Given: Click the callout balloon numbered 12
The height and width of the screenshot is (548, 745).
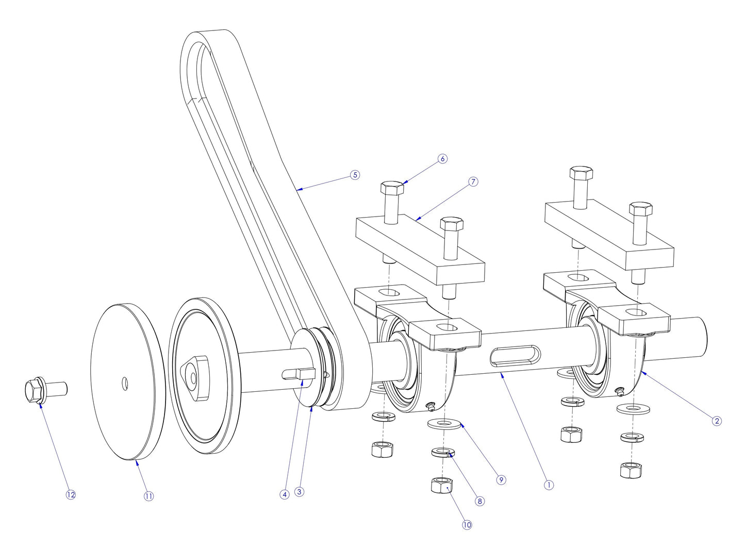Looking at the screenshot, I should click(71, 494).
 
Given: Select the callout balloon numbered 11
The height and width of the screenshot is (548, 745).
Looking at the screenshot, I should click(148, 496).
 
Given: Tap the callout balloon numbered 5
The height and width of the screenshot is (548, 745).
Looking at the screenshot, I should click(355, 175).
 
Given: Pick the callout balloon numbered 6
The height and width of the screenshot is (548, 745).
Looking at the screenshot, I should click(442, 159).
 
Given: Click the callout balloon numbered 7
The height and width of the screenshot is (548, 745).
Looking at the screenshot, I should click(473, 181).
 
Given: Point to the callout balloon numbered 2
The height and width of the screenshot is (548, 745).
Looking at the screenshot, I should click(716, 421).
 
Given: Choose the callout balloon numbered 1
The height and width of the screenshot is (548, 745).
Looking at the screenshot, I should click(549, 485).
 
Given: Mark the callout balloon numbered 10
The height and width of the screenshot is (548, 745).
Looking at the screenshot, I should click(467, 525).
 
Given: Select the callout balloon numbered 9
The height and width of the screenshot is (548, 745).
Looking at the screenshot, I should click(501, 479).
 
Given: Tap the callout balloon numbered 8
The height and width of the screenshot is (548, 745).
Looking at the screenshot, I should click(480, 501).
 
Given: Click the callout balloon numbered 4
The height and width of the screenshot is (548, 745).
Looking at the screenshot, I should click(284, 494).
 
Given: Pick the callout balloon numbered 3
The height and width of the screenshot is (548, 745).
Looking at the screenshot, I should click(300, 492).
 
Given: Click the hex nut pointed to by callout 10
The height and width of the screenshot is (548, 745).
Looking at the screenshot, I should click(441, 486).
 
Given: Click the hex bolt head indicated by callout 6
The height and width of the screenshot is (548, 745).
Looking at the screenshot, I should click(392, 187).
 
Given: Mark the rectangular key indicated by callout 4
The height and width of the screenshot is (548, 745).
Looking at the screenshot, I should click(300, 374).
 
